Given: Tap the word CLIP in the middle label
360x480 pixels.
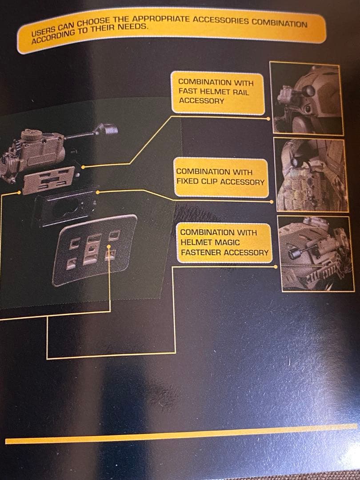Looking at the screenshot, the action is tap(210, 181).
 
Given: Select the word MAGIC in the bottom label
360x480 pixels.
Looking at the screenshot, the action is tap(228, 243).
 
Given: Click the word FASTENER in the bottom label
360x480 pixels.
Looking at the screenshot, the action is tap(201, 252).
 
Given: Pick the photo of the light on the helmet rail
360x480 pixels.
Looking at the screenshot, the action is tap(307, 98).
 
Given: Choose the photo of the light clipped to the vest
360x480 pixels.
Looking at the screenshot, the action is tap(311, 175).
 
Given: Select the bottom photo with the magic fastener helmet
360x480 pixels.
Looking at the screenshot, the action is tap(316, 254).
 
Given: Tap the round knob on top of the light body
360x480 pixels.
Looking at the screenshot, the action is tap(32, 135).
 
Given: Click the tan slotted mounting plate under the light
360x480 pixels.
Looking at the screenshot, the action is tap(49, 180).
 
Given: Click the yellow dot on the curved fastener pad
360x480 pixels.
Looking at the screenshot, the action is tap(109, 246).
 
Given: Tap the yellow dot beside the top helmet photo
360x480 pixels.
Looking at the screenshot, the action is tap(268, 119).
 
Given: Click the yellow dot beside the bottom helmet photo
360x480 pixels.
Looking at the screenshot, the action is tap(276, 267).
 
